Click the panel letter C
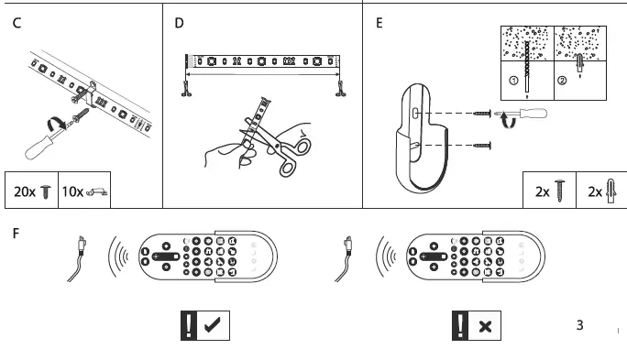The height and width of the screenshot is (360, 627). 17,22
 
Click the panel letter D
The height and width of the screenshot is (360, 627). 179,22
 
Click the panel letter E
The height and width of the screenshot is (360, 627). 379,22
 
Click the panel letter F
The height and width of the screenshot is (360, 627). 16,233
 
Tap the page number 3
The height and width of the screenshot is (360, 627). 579,324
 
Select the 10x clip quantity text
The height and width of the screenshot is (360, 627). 73,191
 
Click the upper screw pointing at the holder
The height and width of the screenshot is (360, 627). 482,114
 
